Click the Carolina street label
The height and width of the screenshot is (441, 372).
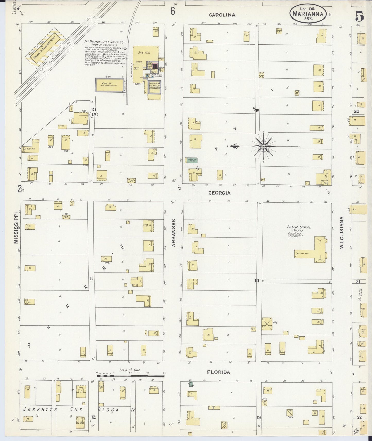click(x=222, y=15)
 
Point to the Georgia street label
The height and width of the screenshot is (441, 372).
click(x=219, y=193)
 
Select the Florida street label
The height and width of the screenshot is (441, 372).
click(x=219, y=372)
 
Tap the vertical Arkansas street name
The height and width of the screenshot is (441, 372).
click(x=174, y=233)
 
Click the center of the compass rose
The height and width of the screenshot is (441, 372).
click(x=263, y=146)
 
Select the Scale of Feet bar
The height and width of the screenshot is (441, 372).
click(x=130, y=376)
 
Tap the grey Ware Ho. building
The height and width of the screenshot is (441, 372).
click(x=109, y=85)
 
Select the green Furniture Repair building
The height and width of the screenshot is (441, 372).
click(x=192, y=160)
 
